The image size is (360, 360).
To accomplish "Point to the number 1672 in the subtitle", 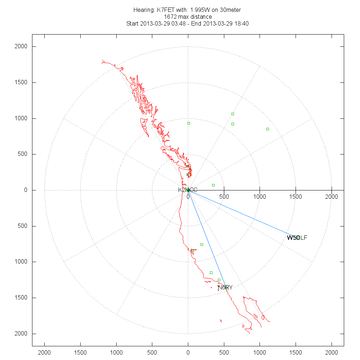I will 170,17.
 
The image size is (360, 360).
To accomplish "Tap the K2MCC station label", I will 188,190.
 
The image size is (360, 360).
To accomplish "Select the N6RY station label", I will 225,287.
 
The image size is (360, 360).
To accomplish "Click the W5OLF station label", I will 297,238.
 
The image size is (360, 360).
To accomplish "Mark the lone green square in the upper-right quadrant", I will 267,129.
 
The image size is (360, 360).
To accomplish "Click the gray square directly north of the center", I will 189,123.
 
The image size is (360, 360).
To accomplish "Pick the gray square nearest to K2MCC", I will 213,185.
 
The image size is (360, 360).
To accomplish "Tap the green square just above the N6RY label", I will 219,280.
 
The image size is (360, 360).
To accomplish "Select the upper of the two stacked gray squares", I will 233,114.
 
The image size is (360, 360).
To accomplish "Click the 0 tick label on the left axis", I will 26,190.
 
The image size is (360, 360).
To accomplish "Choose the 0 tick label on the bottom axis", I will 188,352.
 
